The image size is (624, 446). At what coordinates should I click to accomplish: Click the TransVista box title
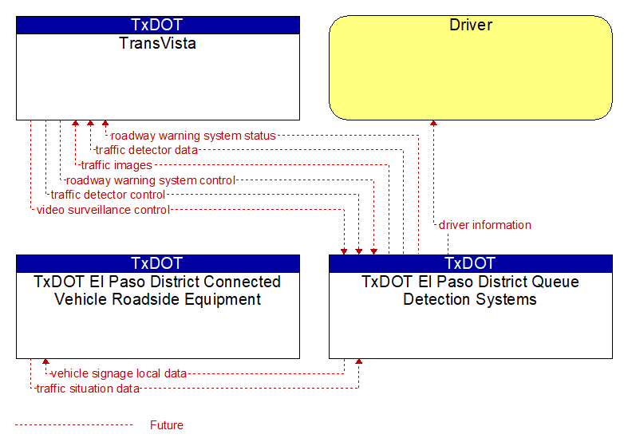[x=157, y=43]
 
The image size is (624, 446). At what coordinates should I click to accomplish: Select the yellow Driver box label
[x=471, y=25]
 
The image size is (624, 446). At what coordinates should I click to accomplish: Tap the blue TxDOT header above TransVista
[x=157, y=25]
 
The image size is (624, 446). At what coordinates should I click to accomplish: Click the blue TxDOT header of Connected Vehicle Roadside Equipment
[x=157, y=263]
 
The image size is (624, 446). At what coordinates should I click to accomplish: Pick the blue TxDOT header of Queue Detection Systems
[x=471, y=263]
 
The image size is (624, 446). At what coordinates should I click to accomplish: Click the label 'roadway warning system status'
[x=193, y=136]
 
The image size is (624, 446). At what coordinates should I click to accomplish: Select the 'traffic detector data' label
[x=147, y=150]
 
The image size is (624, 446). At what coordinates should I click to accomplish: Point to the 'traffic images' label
[x=117, y=165]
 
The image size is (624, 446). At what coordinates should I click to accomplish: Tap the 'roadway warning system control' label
[x=151, y=180]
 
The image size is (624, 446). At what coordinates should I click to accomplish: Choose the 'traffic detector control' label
[x=108, y=195]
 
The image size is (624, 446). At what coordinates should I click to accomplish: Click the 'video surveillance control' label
[x=103, y=210]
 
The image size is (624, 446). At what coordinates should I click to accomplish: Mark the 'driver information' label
[x=484, y=225]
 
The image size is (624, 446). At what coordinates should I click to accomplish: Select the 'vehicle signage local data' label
[x=119, y=373]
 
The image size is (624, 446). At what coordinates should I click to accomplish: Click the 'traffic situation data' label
[x=88, y=389]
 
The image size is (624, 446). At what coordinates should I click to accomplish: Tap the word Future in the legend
[x=166, y=425]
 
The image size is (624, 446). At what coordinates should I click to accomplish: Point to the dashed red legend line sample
[x=73, y=425]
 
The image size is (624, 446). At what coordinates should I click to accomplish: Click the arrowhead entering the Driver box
[x=433, y=123]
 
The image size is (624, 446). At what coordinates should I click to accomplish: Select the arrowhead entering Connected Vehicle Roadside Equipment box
[x=45, y=361]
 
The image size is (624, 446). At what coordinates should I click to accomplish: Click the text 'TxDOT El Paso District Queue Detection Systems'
[x=470, y=290]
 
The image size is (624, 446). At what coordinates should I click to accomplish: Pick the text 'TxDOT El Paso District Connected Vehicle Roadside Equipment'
[x=157, y=290]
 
